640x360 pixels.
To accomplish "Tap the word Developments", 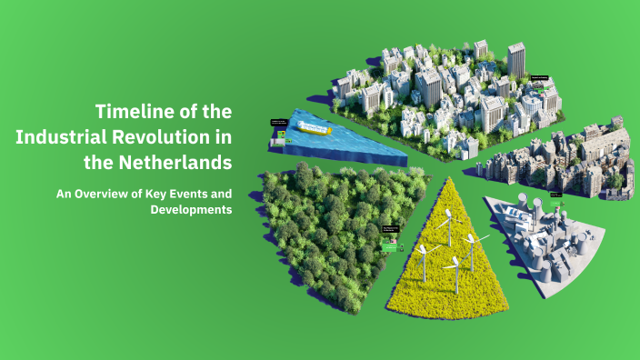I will (x=191, y=210).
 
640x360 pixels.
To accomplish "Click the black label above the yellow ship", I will (x=278, y=122).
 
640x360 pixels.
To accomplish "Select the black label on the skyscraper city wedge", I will (x=539, y=78).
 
